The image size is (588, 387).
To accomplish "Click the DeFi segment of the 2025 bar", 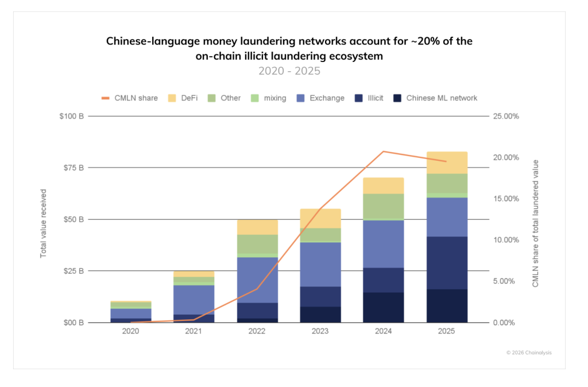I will coord(447,162).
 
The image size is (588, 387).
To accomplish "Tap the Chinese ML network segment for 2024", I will coord(384,307).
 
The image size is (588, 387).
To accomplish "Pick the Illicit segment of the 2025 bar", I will coord(447,263).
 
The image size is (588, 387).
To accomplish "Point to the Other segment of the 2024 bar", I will coord(384,206).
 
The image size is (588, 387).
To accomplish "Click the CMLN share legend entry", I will coord(129,98).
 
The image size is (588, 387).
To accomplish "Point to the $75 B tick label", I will coord(72,168).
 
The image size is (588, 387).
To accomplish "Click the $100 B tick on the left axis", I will coord(70,116).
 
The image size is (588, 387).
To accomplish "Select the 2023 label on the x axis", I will coord(320,332).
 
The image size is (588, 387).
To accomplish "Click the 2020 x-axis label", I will coord(131,332).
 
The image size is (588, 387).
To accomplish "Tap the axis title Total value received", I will coord(43,223).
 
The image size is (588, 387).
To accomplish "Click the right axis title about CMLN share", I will coord(536,223).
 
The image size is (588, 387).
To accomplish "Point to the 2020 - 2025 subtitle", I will coord(289,71).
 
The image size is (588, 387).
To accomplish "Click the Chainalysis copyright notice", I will coord(528,353).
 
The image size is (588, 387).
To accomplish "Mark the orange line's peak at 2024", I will coord(384,152).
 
